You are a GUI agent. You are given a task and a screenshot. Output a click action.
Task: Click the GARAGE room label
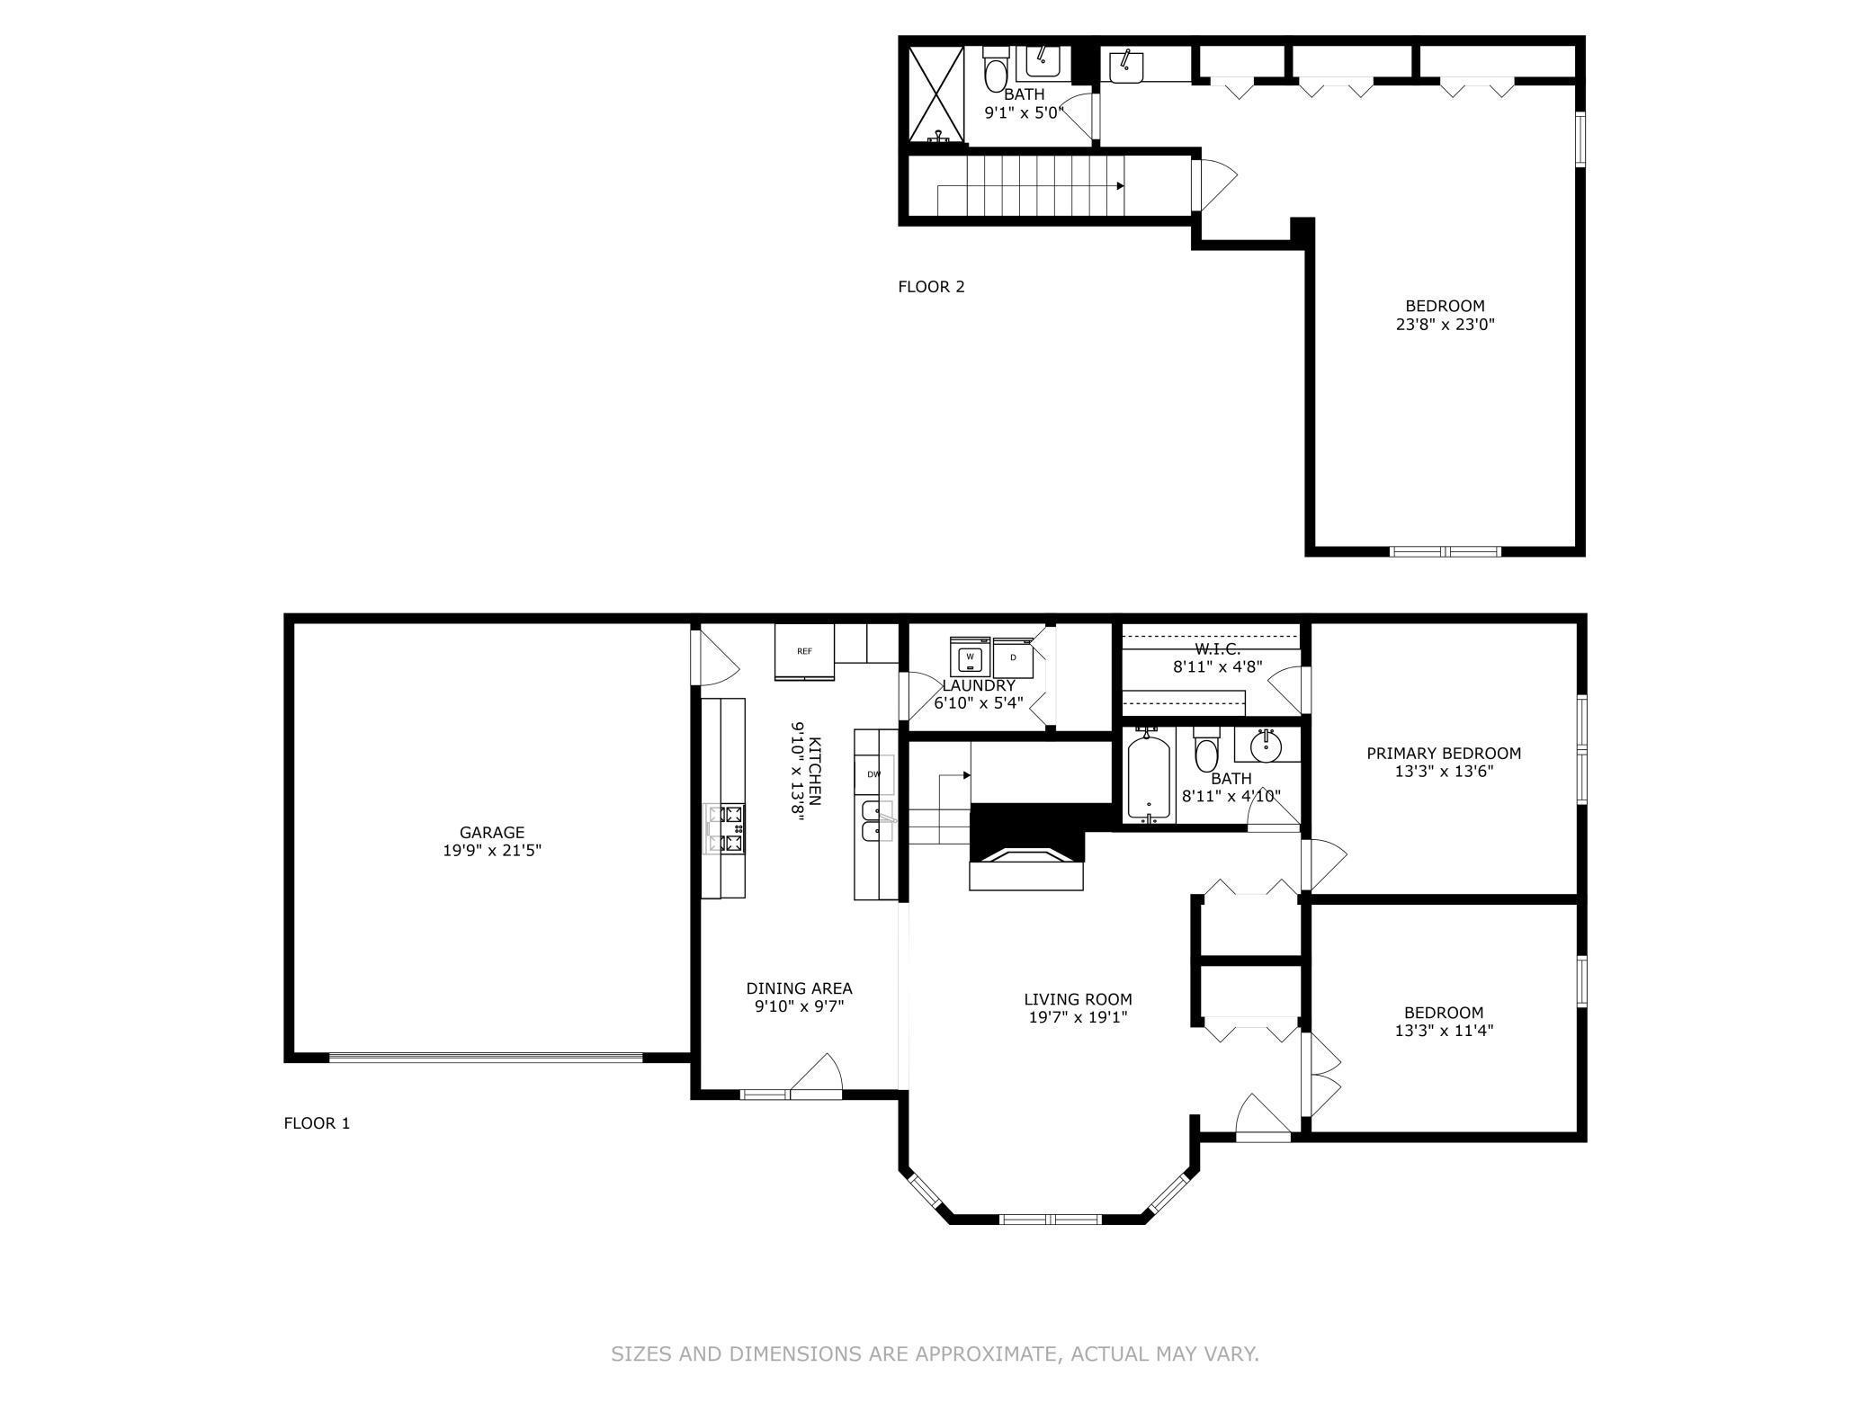tap(491, 833)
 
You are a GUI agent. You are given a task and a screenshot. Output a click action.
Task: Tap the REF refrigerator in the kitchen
tap(804, 652)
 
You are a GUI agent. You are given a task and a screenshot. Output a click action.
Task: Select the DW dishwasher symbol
tap(874, 774)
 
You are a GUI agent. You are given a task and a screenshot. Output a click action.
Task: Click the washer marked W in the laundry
tap(970, 657)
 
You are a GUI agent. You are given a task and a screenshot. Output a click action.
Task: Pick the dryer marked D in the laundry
tap(1014, 657)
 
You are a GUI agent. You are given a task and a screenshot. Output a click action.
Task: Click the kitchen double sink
tap(874, 821)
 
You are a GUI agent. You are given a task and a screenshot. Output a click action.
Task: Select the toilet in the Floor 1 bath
tap(1206, 752)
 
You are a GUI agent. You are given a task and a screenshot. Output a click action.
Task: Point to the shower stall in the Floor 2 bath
tap(936, 94)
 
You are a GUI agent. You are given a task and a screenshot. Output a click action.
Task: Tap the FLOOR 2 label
tap(931, 287)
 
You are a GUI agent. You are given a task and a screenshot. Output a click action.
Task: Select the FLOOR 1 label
tap(317, 1123)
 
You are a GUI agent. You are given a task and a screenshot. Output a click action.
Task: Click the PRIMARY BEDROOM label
tap(1444, 754)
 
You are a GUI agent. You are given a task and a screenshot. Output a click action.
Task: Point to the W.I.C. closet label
tap(1218, 649)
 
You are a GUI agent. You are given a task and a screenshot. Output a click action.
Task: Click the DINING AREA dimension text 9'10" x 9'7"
tap(800, 1007)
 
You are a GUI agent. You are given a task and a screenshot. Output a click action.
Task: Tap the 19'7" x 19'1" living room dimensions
tap(1079, 1017)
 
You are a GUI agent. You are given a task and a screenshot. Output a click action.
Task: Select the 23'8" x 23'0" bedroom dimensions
tap(1446, 324)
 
